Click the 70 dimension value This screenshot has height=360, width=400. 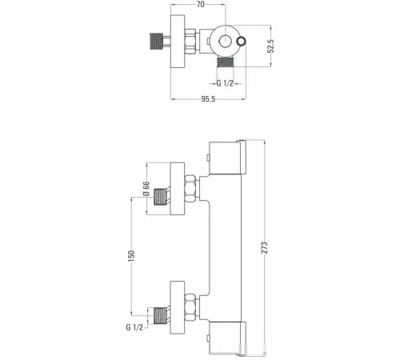coord(201,4)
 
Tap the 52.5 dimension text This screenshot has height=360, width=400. coord(270,46)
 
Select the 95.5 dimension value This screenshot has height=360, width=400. coord(208,99)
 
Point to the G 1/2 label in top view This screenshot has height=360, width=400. coord(225,83)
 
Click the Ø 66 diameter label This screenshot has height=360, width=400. coord(146,189)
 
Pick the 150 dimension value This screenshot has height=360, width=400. coord(131,256)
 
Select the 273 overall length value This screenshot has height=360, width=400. coord(264,247)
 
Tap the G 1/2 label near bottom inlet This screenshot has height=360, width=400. coord(134,327)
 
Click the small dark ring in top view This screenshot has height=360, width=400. coord(242,42)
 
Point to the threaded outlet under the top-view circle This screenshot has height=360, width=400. coord(226,62)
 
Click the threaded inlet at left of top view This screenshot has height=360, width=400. coord(156,41)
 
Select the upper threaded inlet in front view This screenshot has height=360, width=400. coord(160,197)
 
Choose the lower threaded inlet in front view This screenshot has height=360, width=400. coord(160,316)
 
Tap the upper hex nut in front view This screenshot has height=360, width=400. coord(190,189)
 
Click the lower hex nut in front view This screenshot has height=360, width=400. coord(190,307)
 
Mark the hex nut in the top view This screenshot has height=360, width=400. coord(190,42)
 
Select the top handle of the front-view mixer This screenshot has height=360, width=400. coord(227,157)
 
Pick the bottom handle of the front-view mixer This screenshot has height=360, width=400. coord(227,338)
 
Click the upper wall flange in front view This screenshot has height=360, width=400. coord(178,189)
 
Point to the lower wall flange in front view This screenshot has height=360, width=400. coord(178,307)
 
